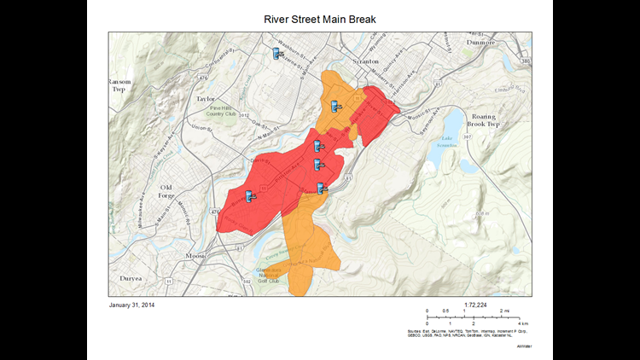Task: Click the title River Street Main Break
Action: pyautogui.click(x=320, y=20)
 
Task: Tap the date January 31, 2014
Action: pyautogui.click(x=132, y=305)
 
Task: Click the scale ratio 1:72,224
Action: pyautogui.click(x=475, y=304)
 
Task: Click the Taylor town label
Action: pyautogui.click(x=204, y=99)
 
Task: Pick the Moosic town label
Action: pyautogui.click(x=197, y=255)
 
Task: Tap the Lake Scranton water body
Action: pyautogui.click(x=451, y=138)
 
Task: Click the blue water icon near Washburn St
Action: pyautogui.click(x=276, y=54)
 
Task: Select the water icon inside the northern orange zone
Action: pyautogui.click(x=337, y=107)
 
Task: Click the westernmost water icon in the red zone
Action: pyautogui.click(x=249, y=197)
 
